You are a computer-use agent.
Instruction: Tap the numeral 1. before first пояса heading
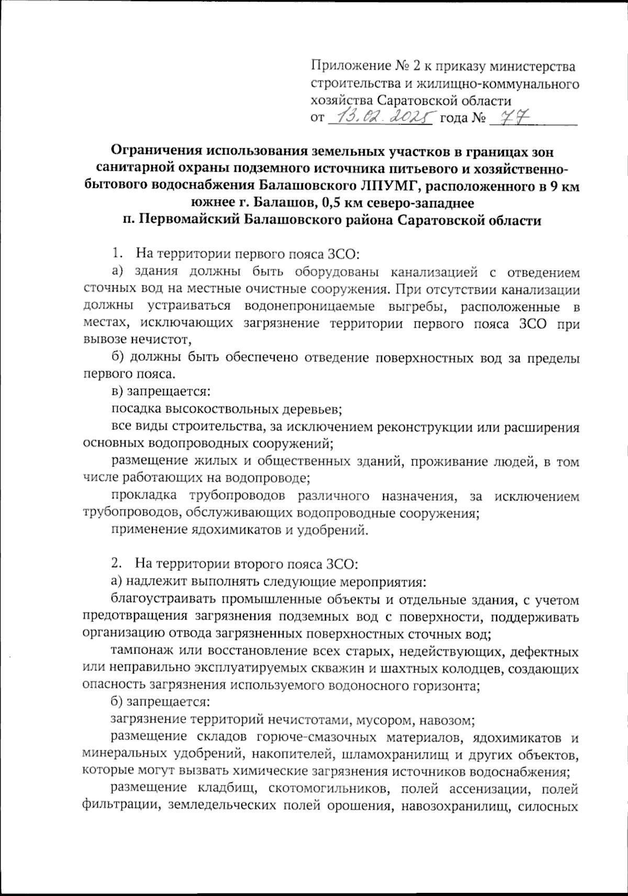[x=117, y=255]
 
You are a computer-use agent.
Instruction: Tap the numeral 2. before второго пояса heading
[x=117, y=564]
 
